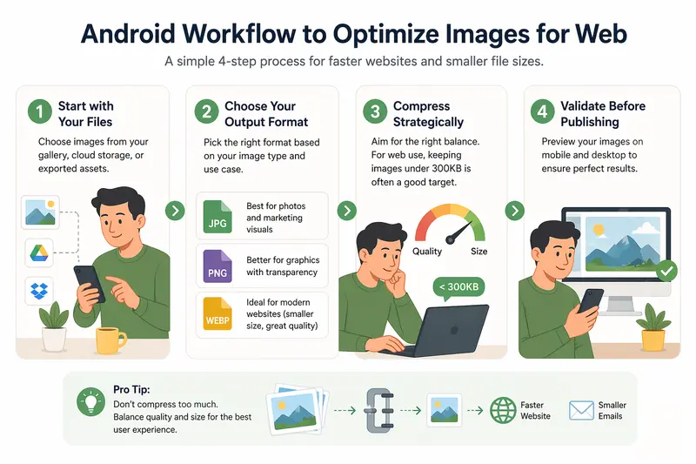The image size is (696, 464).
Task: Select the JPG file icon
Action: click(217, 216)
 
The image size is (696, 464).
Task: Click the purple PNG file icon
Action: click(217, 266)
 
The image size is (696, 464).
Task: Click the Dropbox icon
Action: click(38, 290)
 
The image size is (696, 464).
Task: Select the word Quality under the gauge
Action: click(426, 252)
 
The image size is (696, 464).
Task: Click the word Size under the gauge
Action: click(479, 252)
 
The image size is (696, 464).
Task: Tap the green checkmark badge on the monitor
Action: click(666, 272)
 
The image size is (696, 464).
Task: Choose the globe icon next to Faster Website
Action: click(503, 410)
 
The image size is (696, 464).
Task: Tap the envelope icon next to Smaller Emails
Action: click(580, 410)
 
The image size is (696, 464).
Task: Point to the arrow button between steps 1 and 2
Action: click(177, 211)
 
